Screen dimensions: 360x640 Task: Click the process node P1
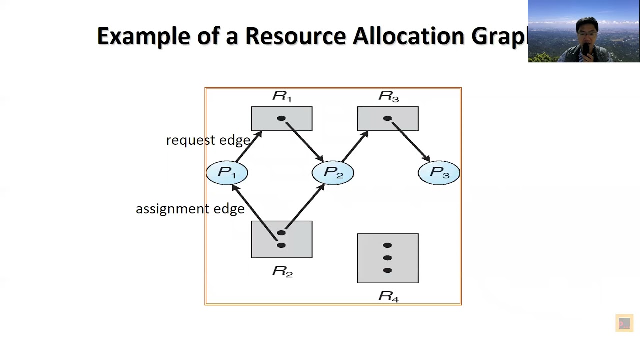(x=227, y=173)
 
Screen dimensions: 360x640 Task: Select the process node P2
(x=333, y=173)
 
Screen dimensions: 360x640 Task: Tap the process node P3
(x=439, y=173)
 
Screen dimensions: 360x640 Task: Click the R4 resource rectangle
(x=388, y=258)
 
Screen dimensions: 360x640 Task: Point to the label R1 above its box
(x=282, y=96)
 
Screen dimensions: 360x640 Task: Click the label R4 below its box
(x=388, y=296)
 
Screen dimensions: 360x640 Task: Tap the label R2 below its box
(x=282, y=271)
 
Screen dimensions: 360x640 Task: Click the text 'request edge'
(x=208, y=140)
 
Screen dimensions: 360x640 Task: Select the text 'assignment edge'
(x=190, y=209)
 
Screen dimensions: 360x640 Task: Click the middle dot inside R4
(x=387, y=258)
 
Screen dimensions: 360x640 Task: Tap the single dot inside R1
(x=281, y=118)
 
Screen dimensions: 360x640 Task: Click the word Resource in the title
(x=295, y=36)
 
